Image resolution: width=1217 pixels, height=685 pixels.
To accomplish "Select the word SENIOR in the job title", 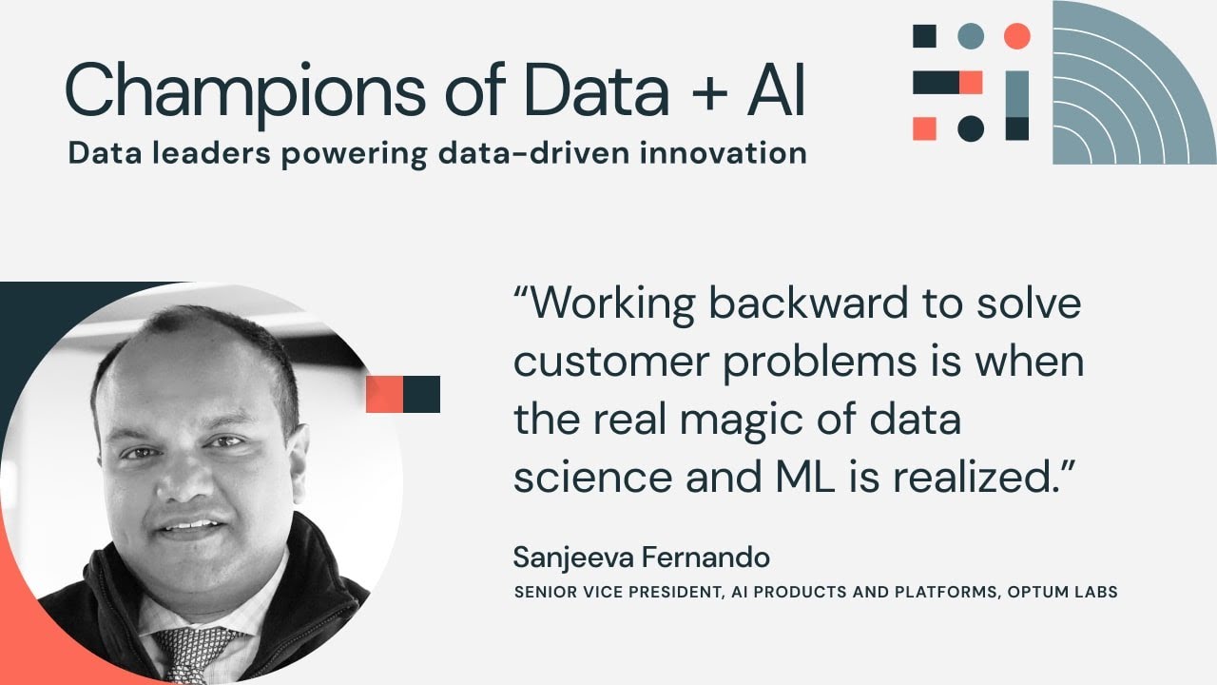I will pos(541,592).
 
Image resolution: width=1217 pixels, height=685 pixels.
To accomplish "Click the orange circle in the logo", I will pos(1016,36).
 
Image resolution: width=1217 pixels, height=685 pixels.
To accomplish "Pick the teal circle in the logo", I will pos(970,36).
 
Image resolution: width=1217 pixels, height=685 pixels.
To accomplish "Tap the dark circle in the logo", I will pos(970,128).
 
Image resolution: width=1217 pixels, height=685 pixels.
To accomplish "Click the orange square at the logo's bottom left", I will pos(924,128).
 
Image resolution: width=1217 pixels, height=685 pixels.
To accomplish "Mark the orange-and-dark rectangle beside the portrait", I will pos(403,394).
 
